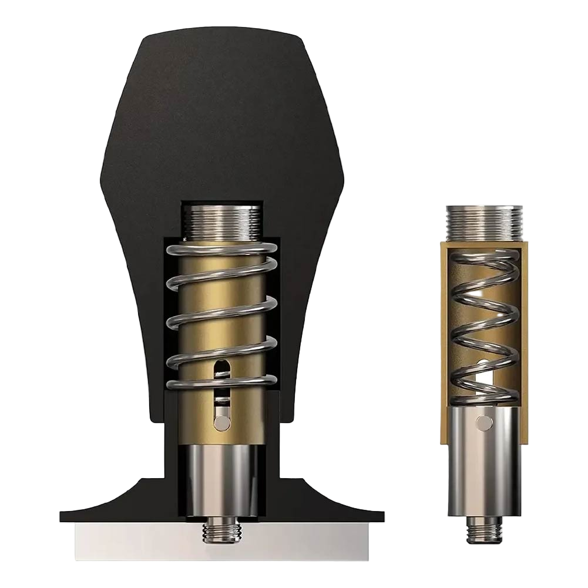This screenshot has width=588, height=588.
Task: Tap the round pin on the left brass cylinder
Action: coord(221,421)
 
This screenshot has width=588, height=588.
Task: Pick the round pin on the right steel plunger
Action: coord(483,421)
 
